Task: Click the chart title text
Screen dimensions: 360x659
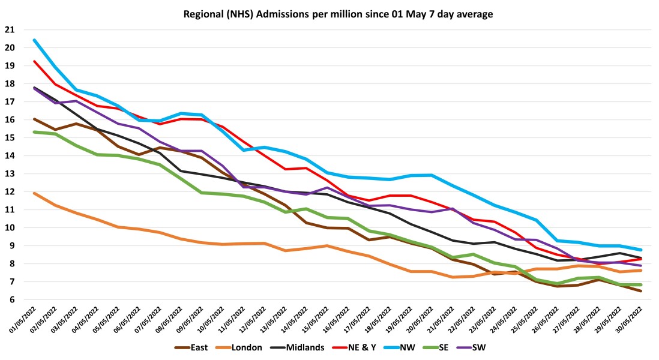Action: click(x=329, y=13)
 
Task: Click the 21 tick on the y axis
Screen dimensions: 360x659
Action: click(x=10, y=30)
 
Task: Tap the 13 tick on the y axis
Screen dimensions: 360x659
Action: click(x=10, y=174)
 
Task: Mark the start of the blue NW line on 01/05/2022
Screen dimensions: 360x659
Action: click(x=34, y=40)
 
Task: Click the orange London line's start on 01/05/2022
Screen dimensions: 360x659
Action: click(x=34, y=193)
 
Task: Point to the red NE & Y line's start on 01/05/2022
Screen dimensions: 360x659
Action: click(x=34, y=61)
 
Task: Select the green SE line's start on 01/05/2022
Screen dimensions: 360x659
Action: click(x=34, y=132)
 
